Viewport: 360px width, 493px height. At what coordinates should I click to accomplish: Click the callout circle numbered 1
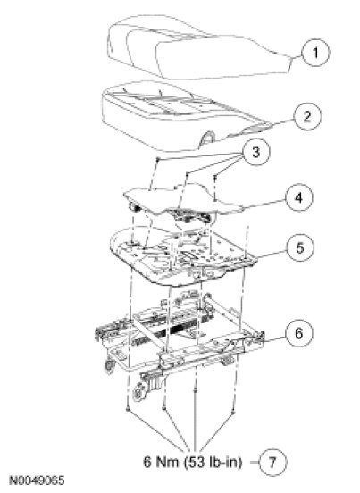pos(315,52)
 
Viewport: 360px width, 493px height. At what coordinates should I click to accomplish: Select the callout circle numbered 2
pos(307,116)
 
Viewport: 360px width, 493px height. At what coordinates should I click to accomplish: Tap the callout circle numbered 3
pos(255,152)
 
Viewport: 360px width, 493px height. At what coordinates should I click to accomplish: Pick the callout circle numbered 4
pos(298,197)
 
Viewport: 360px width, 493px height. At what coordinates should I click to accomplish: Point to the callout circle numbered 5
pos(300,247)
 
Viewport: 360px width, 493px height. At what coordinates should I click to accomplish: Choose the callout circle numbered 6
pos(299,332)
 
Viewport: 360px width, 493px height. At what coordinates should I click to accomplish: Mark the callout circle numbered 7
pos(272,463)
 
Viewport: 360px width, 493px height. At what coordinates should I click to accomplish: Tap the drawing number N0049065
pos(37,480)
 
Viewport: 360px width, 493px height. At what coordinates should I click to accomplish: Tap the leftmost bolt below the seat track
pos(128,409)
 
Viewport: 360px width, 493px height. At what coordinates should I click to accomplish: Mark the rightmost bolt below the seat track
pos(233,412)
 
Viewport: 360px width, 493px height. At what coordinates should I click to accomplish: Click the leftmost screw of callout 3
pos(159,159)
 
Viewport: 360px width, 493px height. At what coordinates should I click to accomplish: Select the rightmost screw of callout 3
pos(214,177)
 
